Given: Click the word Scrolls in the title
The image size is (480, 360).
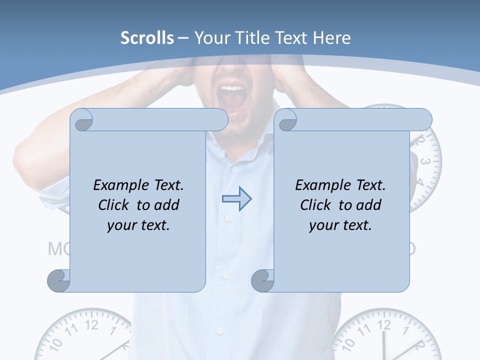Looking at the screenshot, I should coord(147,38).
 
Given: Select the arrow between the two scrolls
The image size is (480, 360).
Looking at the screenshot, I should coord(236,199).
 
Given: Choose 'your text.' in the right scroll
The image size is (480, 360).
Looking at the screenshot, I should coord(340,225).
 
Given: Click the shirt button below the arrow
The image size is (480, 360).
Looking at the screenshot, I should coord(229,218).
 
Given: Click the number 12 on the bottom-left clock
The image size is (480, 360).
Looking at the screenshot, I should coord(91,325).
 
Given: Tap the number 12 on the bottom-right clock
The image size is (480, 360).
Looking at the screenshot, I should coord(384,325).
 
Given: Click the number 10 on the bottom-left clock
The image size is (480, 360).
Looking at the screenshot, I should coord(56,343).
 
